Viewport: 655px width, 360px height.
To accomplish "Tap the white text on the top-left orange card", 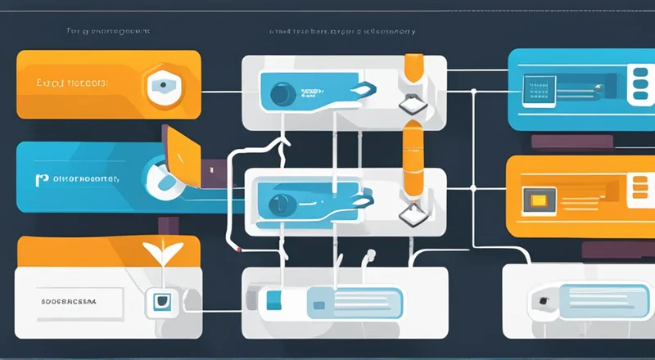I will click(72, 83).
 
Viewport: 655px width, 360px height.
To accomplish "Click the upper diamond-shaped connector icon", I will click(409, 105).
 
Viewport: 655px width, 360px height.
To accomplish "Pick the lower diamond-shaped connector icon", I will click(409, 214).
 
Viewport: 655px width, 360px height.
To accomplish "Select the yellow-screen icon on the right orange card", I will click(540, 200).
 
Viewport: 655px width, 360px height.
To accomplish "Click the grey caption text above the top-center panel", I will click(341, 32).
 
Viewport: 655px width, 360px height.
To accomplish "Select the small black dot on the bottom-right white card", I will click(542, 300).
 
